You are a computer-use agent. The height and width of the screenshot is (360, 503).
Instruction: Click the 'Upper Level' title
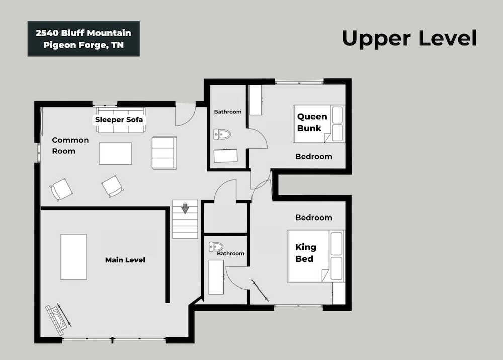pyautogui.click(x=409, y=38)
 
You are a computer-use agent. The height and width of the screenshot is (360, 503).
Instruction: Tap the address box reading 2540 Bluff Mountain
pyautogui.click(x=83, y=39)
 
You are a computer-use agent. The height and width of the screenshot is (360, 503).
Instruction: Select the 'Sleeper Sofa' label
pyautogui.click(x=119, y=120)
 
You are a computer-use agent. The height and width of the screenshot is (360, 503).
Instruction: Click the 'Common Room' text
pyautogui.click(x=70, y=146)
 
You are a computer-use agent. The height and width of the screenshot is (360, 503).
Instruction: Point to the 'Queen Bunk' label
pyautogui.click(x=312, y=122)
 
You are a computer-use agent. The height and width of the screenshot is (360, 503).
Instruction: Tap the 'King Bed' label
pyautogui.click(x=306, y=253)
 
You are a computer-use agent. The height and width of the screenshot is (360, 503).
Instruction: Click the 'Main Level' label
pyautogui.click(x=125, y=260)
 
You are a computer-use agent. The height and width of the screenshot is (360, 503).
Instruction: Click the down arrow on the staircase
pyautogui.click(x=185, y=209)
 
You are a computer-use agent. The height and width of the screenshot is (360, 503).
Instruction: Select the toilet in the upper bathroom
pyautogui.click(x=222, y=134)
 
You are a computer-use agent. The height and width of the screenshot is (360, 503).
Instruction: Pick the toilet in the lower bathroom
pyautogui.click(x=216, y=247)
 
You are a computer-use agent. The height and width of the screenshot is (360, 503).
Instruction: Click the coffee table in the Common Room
pyautogui.click(x=115, y=154)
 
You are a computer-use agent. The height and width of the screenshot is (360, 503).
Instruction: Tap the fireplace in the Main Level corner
pyautogui.click(x=58, y=319)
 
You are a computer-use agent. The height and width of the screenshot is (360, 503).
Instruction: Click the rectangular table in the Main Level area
pyautogui.click(x=74, y=257)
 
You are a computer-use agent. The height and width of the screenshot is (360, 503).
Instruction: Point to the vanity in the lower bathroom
pyautogui.click(x=216, y=277)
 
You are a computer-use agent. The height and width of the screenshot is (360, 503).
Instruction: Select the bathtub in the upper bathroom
pyautogui.click(x=226, y=156)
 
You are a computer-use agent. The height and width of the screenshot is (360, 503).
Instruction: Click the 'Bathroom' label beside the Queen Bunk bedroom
pyautogui.click(x=228, y=112)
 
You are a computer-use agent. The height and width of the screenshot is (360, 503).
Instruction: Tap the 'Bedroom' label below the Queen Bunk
pyautogui.click(x=314, y=157)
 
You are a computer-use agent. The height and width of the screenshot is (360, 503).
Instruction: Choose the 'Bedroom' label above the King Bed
pyautogui.click(x=314, y=218)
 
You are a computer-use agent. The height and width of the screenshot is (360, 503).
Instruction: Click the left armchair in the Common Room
pyautogui.click(x=61, y=189)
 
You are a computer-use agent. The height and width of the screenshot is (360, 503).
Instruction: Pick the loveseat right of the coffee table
pyautogui.click(x=164, y=153)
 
